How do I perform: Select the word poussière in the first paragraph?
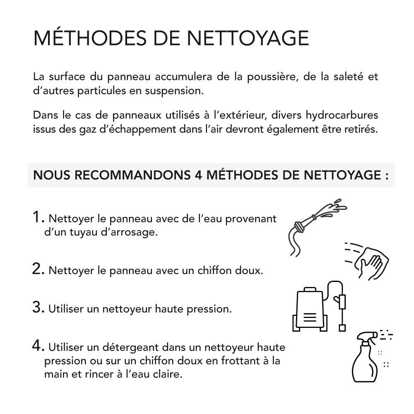point(265,77)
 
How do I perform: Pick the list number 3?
point(38,308)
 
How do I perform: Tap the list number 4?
point(38,346)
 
